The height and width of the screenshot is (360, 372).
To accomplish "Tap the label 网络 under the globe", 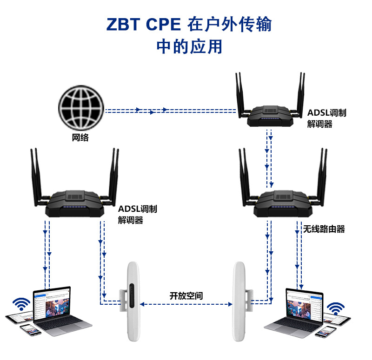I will point(80,137).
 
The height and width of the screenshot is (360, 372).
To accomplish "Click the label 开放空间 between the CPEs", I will point(186,295).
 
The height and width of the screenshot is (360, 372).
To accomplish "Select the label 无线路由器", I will point(324,229).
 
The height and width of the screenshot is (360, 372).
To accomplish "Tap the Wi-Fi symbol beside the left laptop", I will point(20,305).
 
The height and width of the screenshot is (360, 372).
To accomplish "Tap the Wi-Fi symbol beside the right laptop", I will point(335,308).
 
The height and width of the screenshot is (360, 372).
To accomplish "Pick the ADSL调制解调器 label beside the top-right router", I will point(326,119).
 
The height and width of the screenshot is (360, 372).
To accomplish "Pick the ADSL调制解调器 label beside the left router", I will point(137,215).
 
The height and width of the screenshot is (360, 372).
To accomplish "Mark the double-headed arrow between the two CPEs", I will point(186,304).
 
